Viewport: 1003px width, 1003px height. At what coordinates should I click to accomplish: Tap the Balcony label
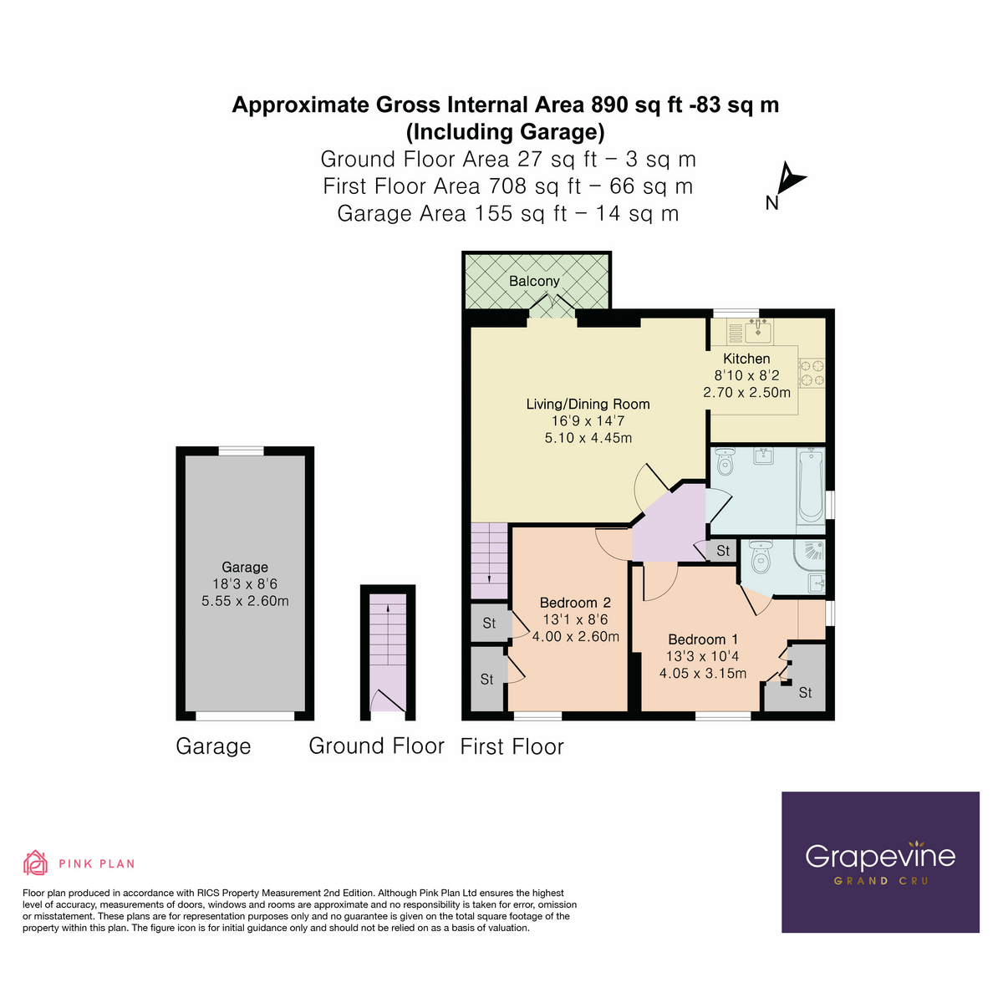tap(534, 281)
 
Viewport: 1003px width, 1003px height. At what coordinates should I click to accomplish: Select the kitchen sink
tap(760, 331)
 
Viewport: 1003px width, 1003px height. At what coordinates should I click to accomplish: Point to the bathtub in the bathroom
tap(810, 486)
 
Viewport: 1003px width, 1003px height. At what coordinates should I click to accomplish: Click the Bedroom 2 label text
tap(575, 603)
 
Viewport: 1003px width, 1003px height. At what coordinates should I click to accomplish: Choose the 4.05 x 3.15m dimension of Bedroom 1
tap(702, 674)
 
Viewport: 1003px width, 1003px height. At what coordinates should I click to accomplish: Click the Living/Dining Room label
tap(588, 404)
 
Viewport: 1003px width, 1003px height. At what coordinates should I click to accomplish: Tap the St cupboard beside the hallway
tap(723, 551)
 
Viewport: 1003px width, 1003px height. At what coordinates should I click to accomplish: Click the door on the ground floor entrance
tap(388, 701)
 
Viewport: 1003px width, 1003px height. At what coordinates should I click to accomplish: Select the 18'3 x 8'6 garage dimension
tap(245, 584)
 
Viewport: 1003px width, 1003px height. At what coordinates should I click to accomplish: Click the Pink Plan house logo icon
tap(35, 863)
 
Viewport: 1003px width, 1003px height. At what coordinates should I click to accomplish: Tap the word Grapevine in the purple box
tap(879, 856)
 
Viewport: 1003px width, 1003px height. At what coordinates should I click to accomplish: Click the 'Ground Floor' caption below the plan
tap(376, 746)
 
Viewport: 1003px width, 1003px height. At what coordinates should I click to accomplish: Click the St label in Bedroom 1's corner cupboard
tap(805, 693)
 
